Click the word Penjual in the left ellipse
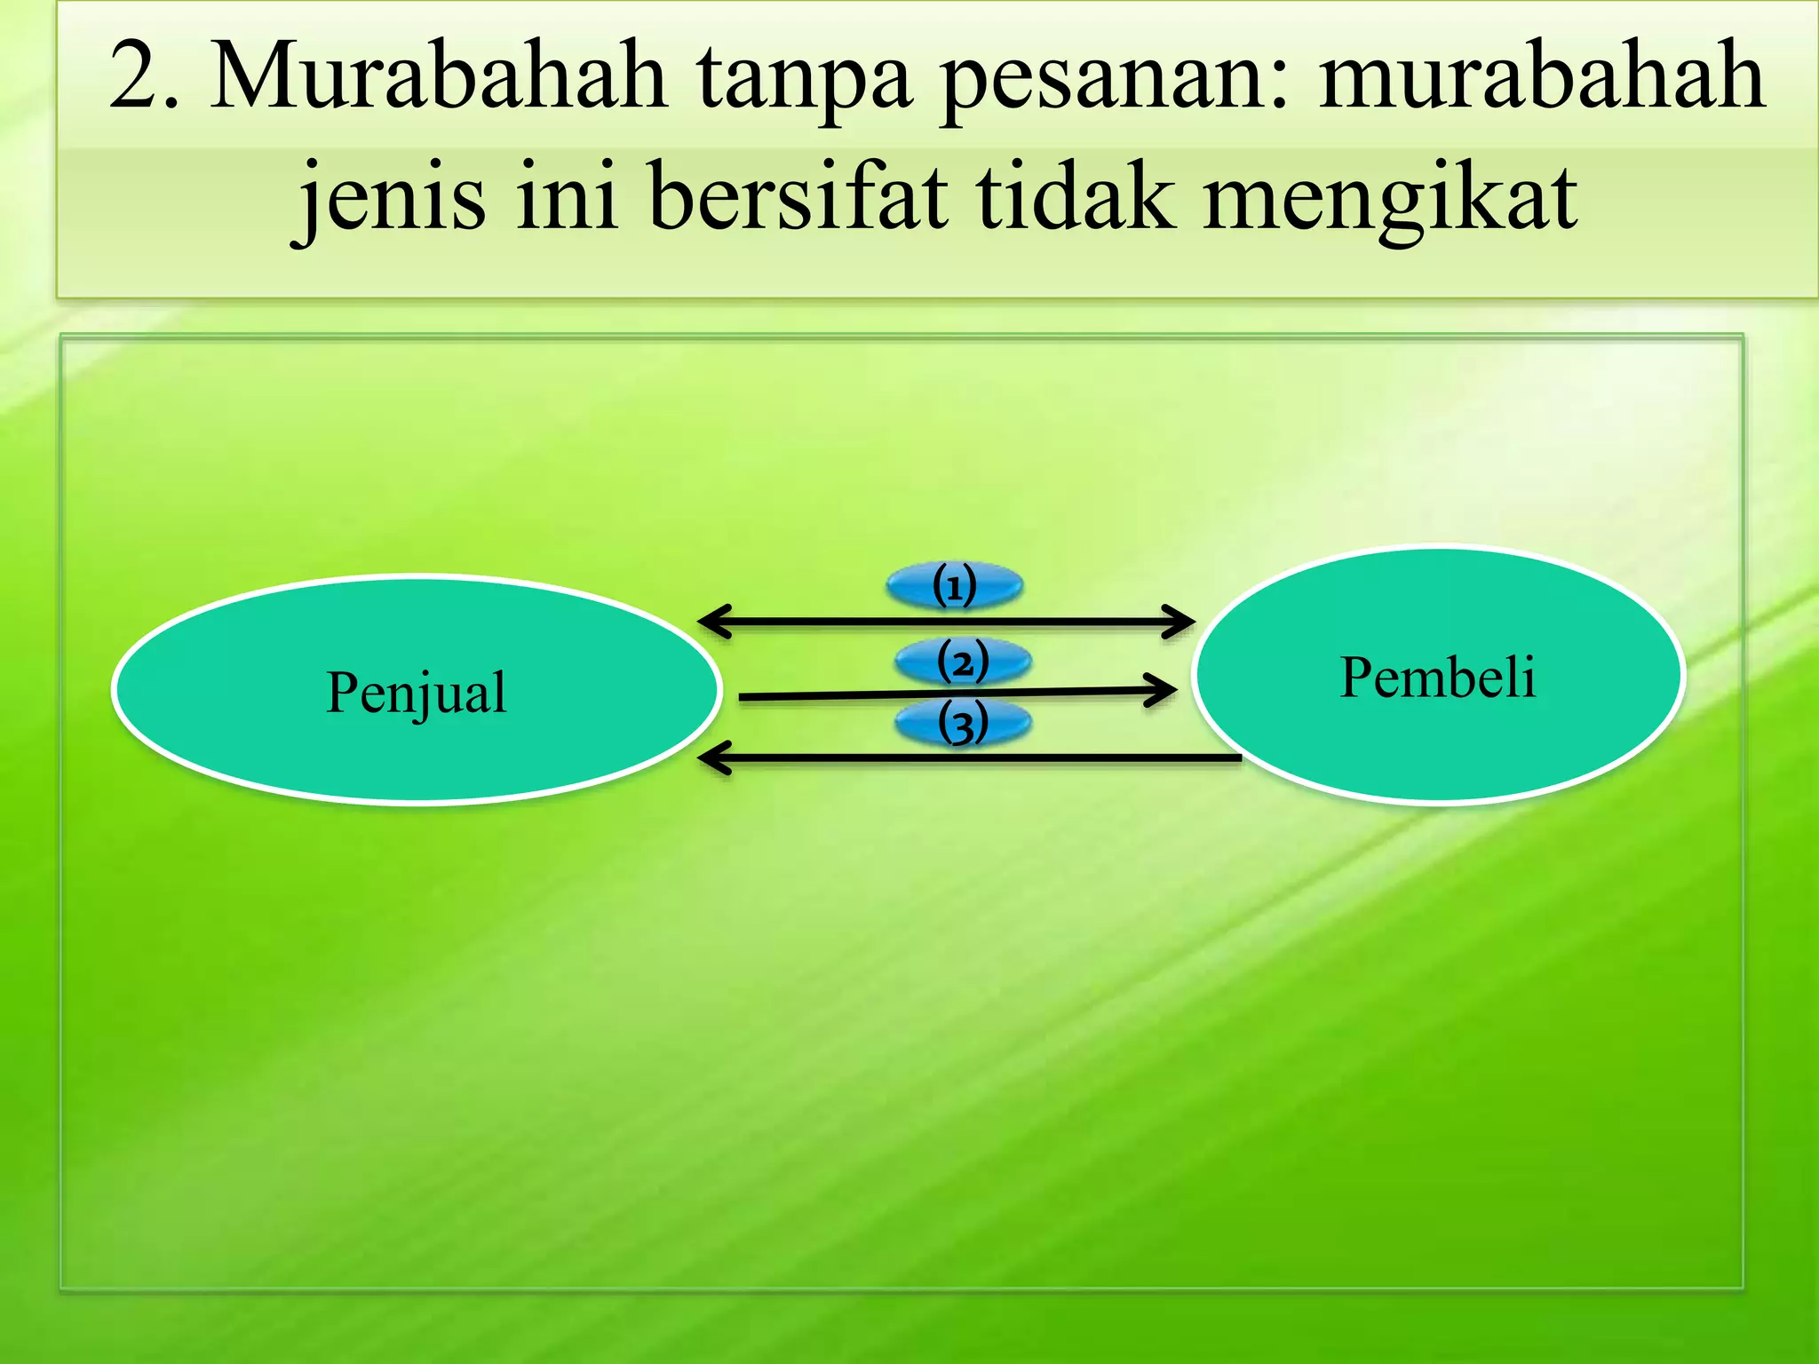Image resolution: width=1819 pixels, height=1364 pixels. click(x=416, y=693)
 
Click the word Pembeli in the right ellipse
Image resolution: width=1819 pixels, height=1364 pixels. click(x=1437, y=678)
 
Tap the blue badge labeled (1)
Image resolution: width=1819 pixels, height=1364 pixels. click(x=955, y=586)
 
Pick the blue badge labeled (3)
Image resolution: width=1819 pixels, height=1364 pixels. click(x=963, y=723)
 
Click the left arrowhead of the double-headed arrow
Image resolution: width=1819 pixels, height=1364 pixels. click(x=711, y=621)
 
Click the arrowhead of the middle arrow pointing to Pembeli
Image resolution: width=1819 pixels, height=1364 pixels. click(x=1164, y=689)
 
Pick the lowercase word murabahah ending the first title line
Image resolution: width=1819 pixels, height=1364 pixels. click(x=1542, y=78)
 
